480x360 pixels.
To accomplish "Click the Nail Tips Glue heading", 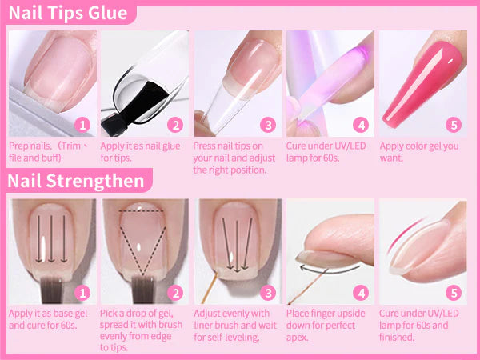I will pos(67,14).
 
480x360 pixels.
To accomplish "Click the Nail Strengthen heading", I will pos(76,181).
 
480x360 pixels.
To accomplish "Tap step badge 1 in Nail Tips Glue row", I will pos(82,125).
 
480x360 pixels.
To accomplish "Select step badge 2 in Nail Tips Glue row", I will pos(175,125).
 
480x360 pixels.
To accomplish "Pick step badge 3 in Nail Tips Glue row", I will pos(268,125).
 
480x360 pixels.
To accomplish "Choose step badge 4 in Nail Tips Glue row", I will pos(361,125).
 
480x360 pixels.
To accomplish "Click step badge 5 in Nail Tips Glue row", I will pos(454,125).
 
